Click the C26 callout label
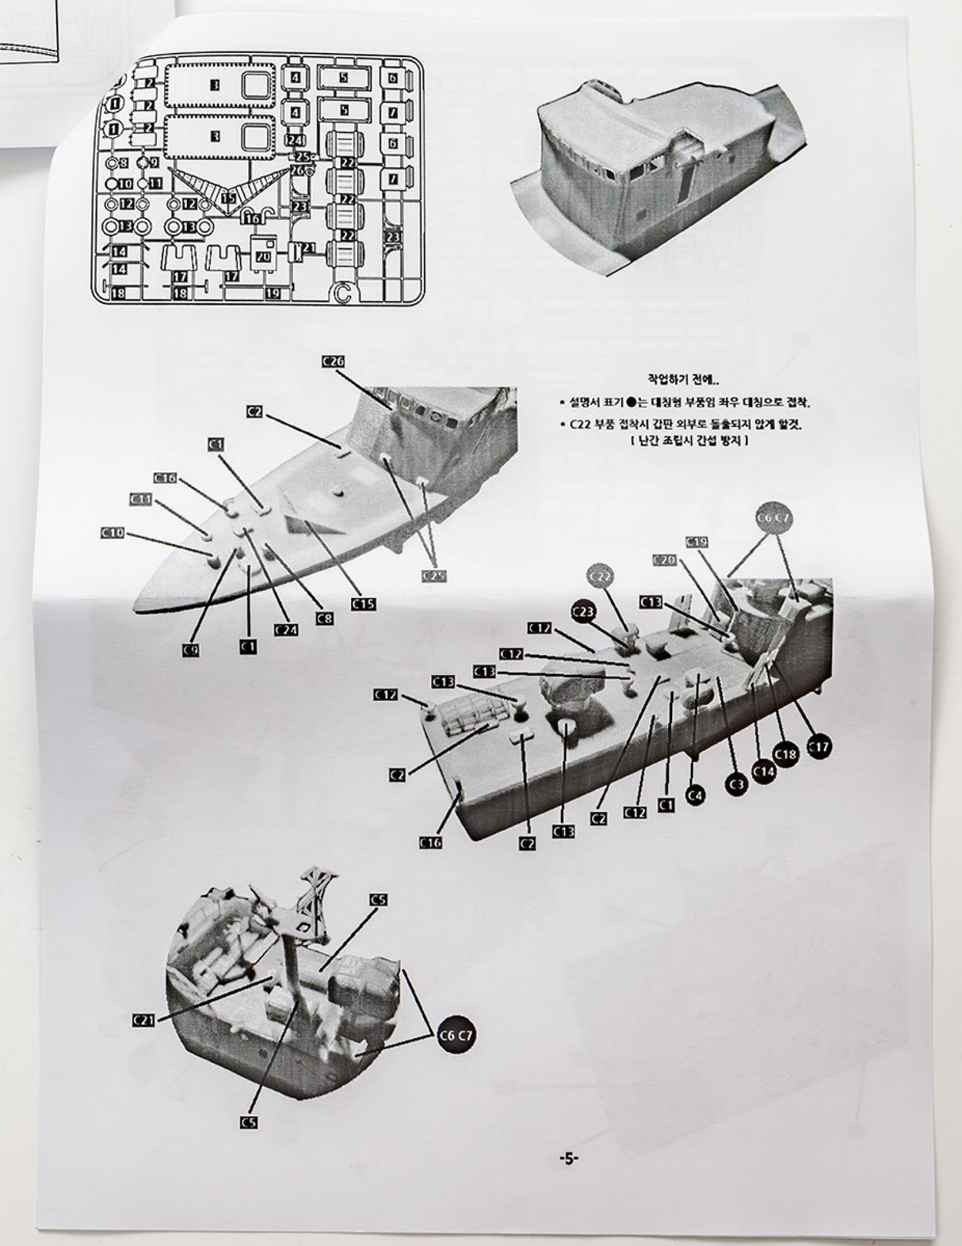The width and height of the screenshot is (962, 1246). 333,361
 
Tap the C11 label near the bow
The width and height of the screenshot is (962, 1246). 141,499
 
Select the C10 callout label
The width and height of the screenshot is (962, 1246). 112,533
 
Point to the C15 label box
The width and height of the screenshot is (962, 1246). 364,603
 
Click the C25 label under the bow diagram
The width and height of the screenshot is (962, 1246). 435,576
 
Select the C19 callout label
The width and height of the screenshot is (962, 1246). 697,542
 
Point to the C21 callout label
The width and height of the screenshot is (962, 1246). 143,1019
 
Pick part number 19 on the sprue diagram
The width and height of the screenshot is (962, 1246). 272,293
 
